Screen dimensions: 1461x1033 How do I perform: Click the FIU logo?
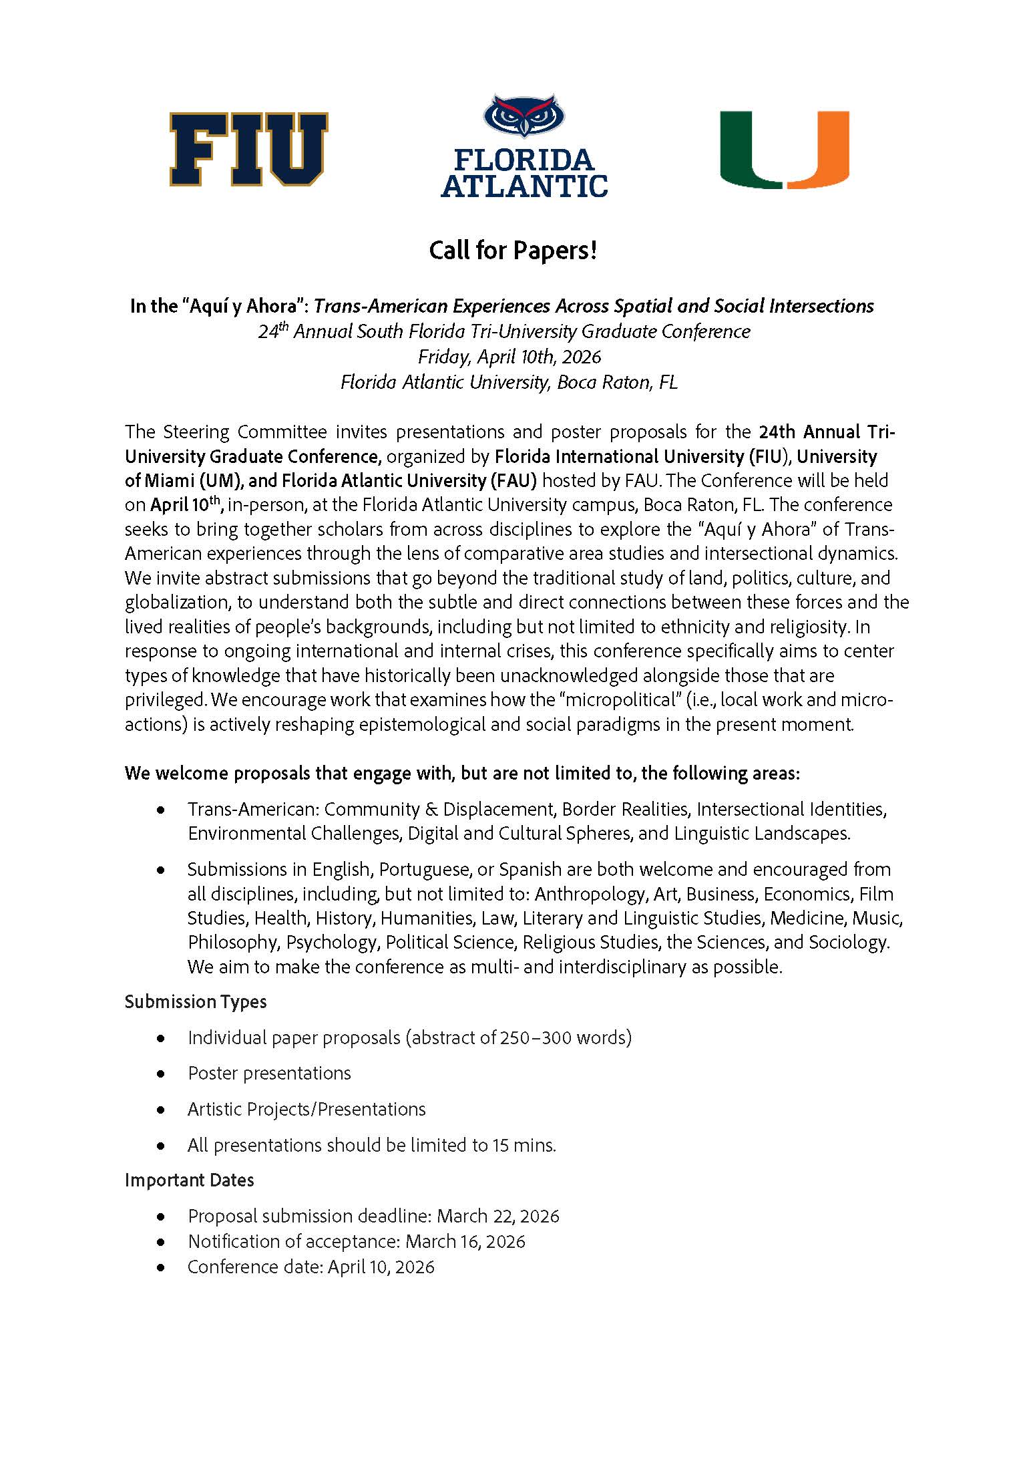point(248,149)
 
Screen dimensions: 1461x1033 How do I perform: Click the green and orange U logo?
point(784,150)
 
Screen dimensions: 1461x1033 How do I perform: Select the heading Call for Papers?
point(512,251)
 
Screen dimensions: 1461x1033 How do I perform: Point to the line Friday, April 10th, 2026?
point(509,357)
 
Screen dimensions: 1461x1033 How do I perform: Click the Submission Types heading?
point(196,1001)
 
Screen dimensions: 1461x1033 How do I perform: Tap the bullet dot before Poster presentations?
point(160,1074)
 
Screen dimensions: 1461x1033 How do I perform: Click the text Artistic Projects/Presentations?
point(306,1109)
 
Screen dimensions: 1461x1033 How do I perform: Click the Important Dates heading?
point(189,1180)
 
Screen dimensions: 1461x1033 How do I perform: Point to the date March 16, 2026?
point(465,1241)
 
